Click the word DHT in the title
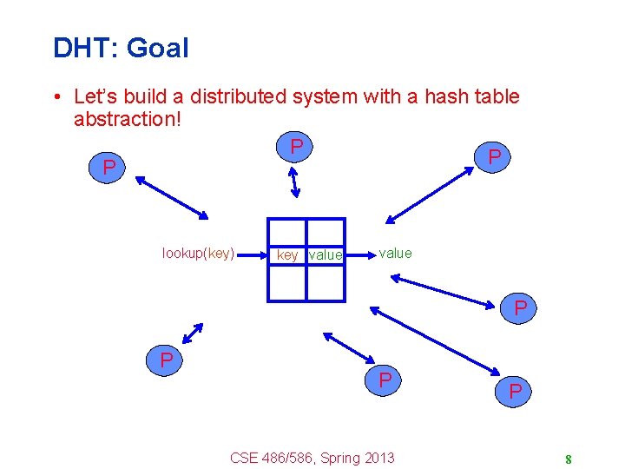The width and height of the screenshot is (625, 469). coord(83,48)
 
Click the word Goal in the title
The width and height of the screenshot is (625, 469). coord(157,48)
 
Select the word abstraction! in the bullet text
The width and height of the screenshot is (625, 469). coord(128,118)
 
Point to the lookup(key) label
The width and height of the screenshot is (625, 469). coord(198,254)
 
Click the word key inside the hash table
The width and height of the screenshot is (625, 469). coord(286,255)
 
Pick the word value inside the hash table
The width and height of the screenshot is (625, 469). coord(326,255)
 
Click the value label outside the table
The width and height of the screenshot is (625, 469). coord(396,253)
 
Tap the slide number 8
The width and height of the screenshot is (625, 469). coord(567,459)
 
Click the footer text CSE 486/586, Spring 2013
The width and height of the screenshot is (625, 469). coord(312,458)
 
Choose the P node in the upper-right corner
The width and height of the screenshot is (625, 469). coord(494,157)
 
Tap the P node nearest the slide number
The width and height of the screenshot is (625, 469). coord(516,392)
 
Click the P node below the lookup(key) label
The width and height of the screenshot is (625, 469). coord(164,360)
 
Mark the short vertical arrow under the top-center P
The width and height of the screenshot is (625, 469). coord(294,182)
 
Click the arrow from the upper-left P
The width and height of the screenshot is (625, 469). coord(171,198)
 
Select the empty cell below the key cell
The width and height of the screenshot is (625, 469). coord(286,282)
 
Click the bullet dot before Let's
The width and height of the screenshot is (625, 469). coord(56,97)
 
